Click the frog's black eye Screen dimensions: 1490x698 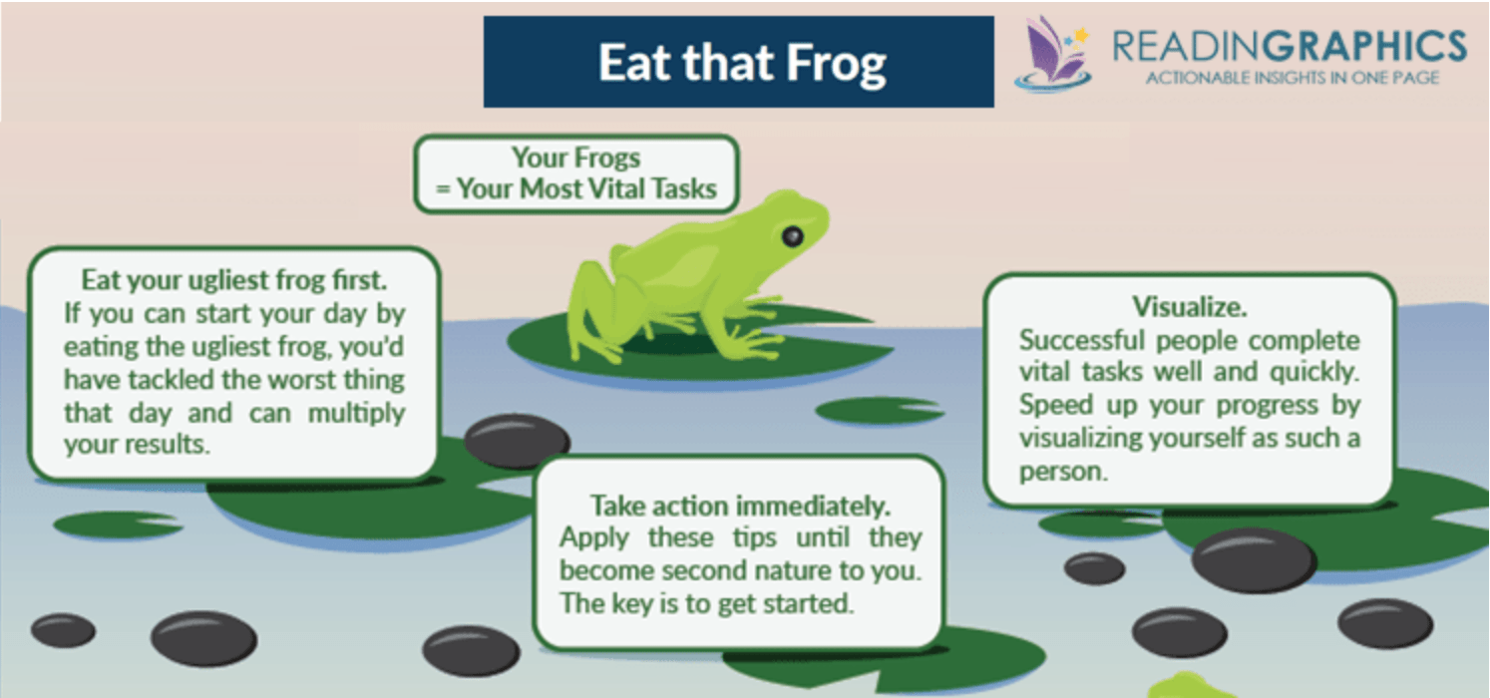click(x=792, y=236)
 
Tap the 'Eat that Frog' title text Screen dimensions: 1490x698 click(x=742, y=63)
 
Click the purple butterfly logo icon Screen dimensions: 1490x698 click(x=1053, y=53)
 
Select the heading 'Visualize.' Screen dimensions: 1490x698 click(x=1190, y=307)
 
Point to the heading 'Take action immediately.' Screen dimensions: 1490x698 click(x=740, y=506)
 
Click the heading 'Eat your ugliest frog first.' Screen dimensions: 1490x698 click(x=234, y=280)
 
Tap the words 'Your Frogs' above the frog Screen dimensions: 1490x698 click(x=576, y=159)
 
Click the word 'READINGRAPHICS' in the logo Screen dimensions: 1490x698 click(x=1290, y=47)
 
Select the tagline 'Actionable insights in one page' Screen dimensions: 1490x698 click(x=1293, y=79)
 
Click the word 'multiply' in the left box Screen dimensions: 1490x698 click(x=356, y=414)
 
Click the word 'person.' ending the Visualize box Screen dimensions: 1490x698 click(x=1063, y=472)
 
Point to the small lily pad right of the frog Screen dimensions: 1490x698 click(x=880, y=410)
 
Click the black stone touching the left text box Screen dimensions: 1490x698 click(x=517, y=440)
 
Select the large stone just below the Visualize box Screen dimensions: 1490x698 click(x=1254, y=560)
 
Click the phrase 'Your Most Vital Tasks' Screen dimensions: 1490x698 click(x=586, y=189)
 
